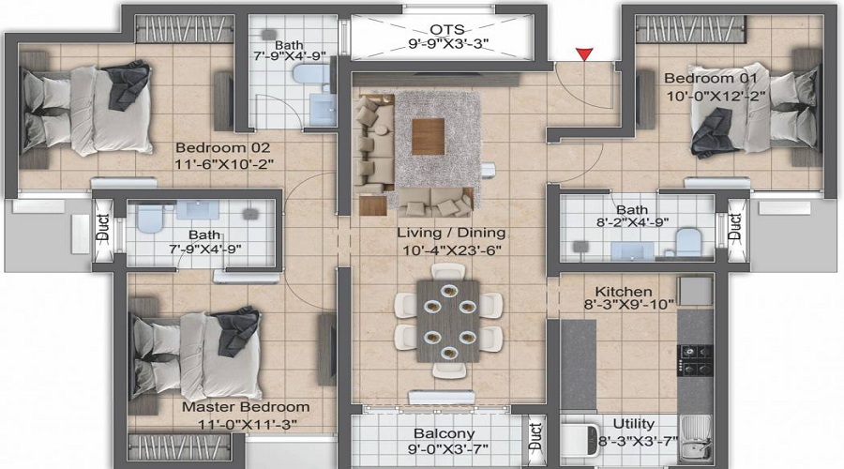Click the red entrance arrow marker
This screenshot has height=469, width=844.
(584, 53)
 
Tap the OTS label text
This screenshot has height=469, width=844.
(446, 29)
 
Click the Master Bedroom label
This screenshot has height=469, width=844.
(246, 407)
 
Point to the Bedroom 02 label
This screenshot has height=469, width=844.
(223, 147)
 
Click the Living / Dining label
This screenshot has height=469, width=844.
(452, 234)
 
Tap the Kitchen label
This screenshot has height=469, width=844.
(624, 292)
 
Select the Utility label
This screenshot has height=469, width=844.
(634, 424)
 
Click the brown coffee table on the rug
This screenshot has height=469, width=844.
(429, 136)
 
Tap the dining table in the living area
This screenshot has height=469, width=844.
(448, 321)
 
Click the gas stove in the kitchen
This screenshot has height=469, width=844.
(695, 360)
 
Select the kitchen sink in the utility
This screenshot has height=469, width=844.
(696, 439)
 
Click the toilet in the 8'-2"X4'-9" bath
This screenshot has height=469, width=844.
(688, 242)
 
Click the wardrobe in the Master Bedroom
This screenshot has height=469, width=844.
(181, 446)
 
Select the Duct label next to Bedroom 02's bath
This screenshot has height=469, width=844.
(103, 227)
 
